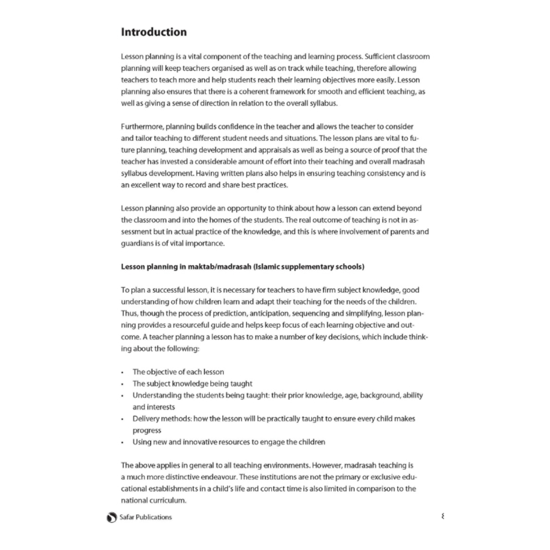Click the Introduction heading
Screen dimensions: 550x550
pos(154,32)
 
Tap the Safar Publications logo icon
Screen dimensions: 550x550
pos(112,517)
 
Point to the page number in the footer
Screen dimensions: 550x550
pos(443,517)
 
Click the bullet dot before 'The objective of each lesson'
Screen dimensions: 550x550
pos(123,373)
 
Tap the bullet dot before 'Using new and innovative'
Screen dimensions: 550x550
pos(123,443)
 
